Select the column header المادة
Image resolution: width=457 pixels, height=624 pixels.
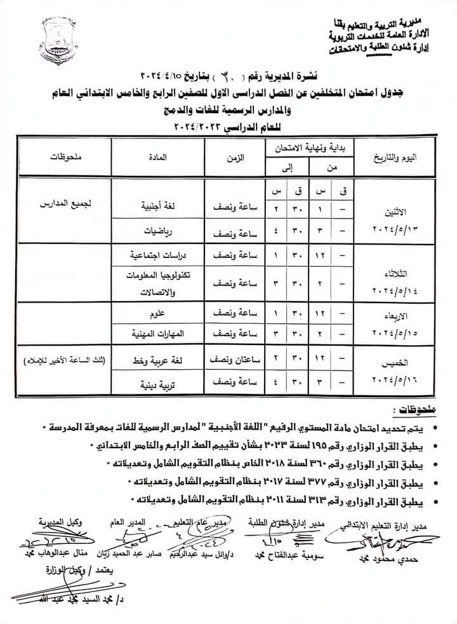[157, 155]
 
